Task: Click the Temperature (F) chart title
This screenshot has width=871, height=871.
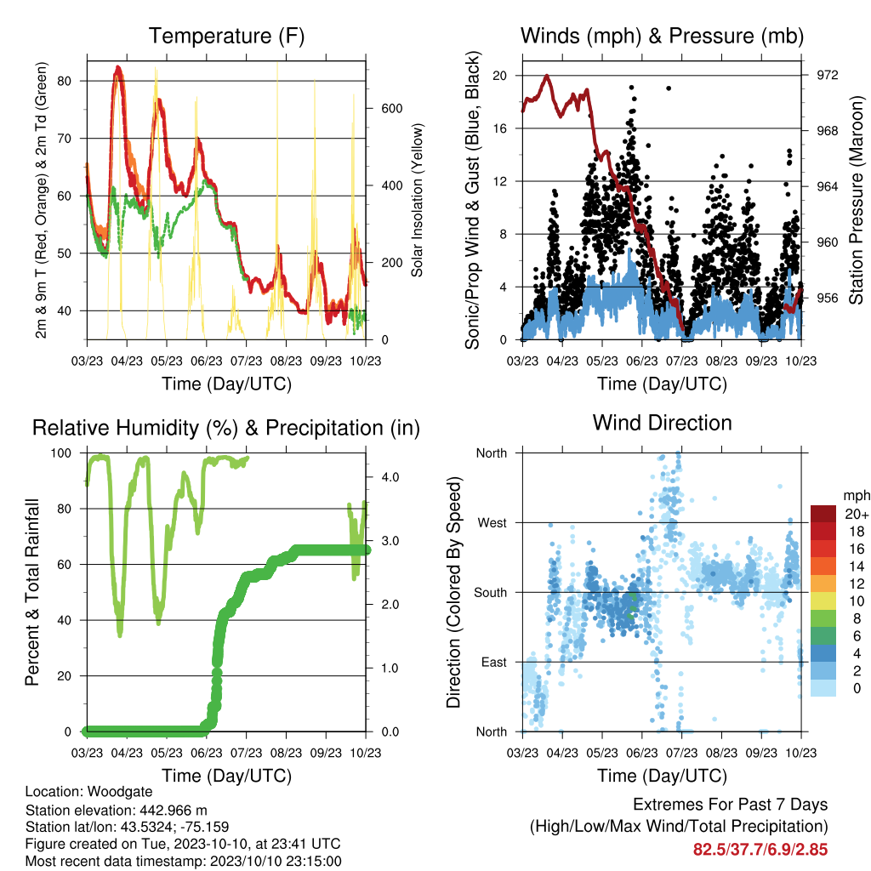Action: coord(226,36)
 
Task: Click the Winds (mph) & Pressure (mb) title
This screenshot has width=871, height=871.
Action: coord(662,36)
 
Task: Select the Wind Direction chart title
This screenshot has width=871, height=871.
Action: coord(662,423)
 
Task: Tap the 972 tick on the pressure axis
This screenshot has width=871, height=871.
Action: coord(827,75)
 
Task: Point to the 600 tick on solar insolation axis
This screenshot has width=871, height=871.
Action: coord(391,108)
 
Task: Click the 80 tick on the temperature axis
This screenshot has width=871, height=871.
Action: coord(65,81)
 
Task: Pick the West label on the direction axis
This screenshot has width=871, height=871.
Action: coord(492,523)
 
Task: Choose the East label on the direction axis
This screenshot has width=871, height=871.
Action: coord(494,662)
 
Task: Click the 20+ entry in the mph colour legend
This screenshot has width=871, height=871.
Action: coord(856,514)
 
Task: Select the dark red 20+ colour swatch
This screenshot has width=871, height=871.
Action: coord(823,514)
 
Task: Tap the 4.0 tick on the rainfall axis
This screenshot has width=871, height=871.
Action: coord(390,477)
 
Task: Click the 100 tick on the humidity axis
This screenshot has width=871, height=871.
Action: coord(61,453)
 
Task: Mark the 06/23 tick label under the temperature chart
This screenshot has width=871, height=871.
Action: coord(207,361)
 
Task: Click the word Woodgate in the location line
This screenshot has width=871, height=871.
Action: coord(120,792)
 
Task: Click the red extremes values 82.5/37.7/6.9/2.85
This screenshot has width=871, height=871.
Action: coord(760,850)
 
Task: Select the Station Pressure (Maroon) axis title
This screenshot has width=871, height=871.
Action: coord(856,200)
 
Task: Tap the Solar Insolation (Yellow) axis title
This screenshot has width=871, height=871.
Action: coord(417,200)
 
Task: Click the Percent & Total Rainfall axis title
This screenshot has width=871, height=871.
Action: coord(32,592)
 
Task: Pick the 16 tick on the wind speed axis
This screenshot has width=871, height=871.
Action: coord(499,128)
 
